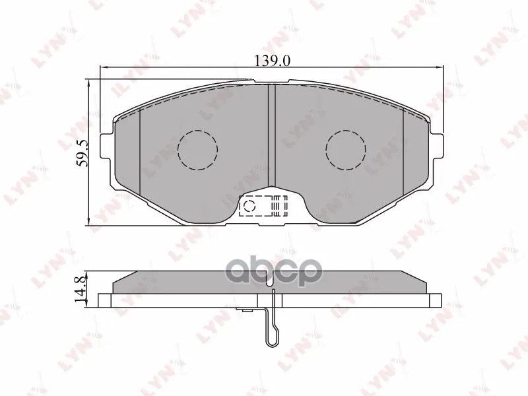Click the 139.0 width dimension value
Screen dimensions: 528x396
click(x=272, y=61)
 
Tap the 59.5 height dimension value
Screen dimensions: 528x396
click(x=81, y=154)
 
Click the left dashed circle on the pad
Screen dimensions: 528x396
click(x=197, y=150)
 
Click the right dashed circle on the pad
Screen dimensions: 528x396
click(x=346, y=150)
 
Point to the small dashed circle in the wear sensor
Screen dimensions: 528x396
click(x=249, y=205)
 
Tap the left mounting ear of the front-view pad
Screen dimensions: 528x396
click(x=107, y=146)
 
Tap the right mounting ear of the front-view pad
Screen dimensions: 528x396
click(x=437, y=146)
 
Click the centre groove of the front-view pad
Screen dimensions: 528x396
click(x=271, y=135)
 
